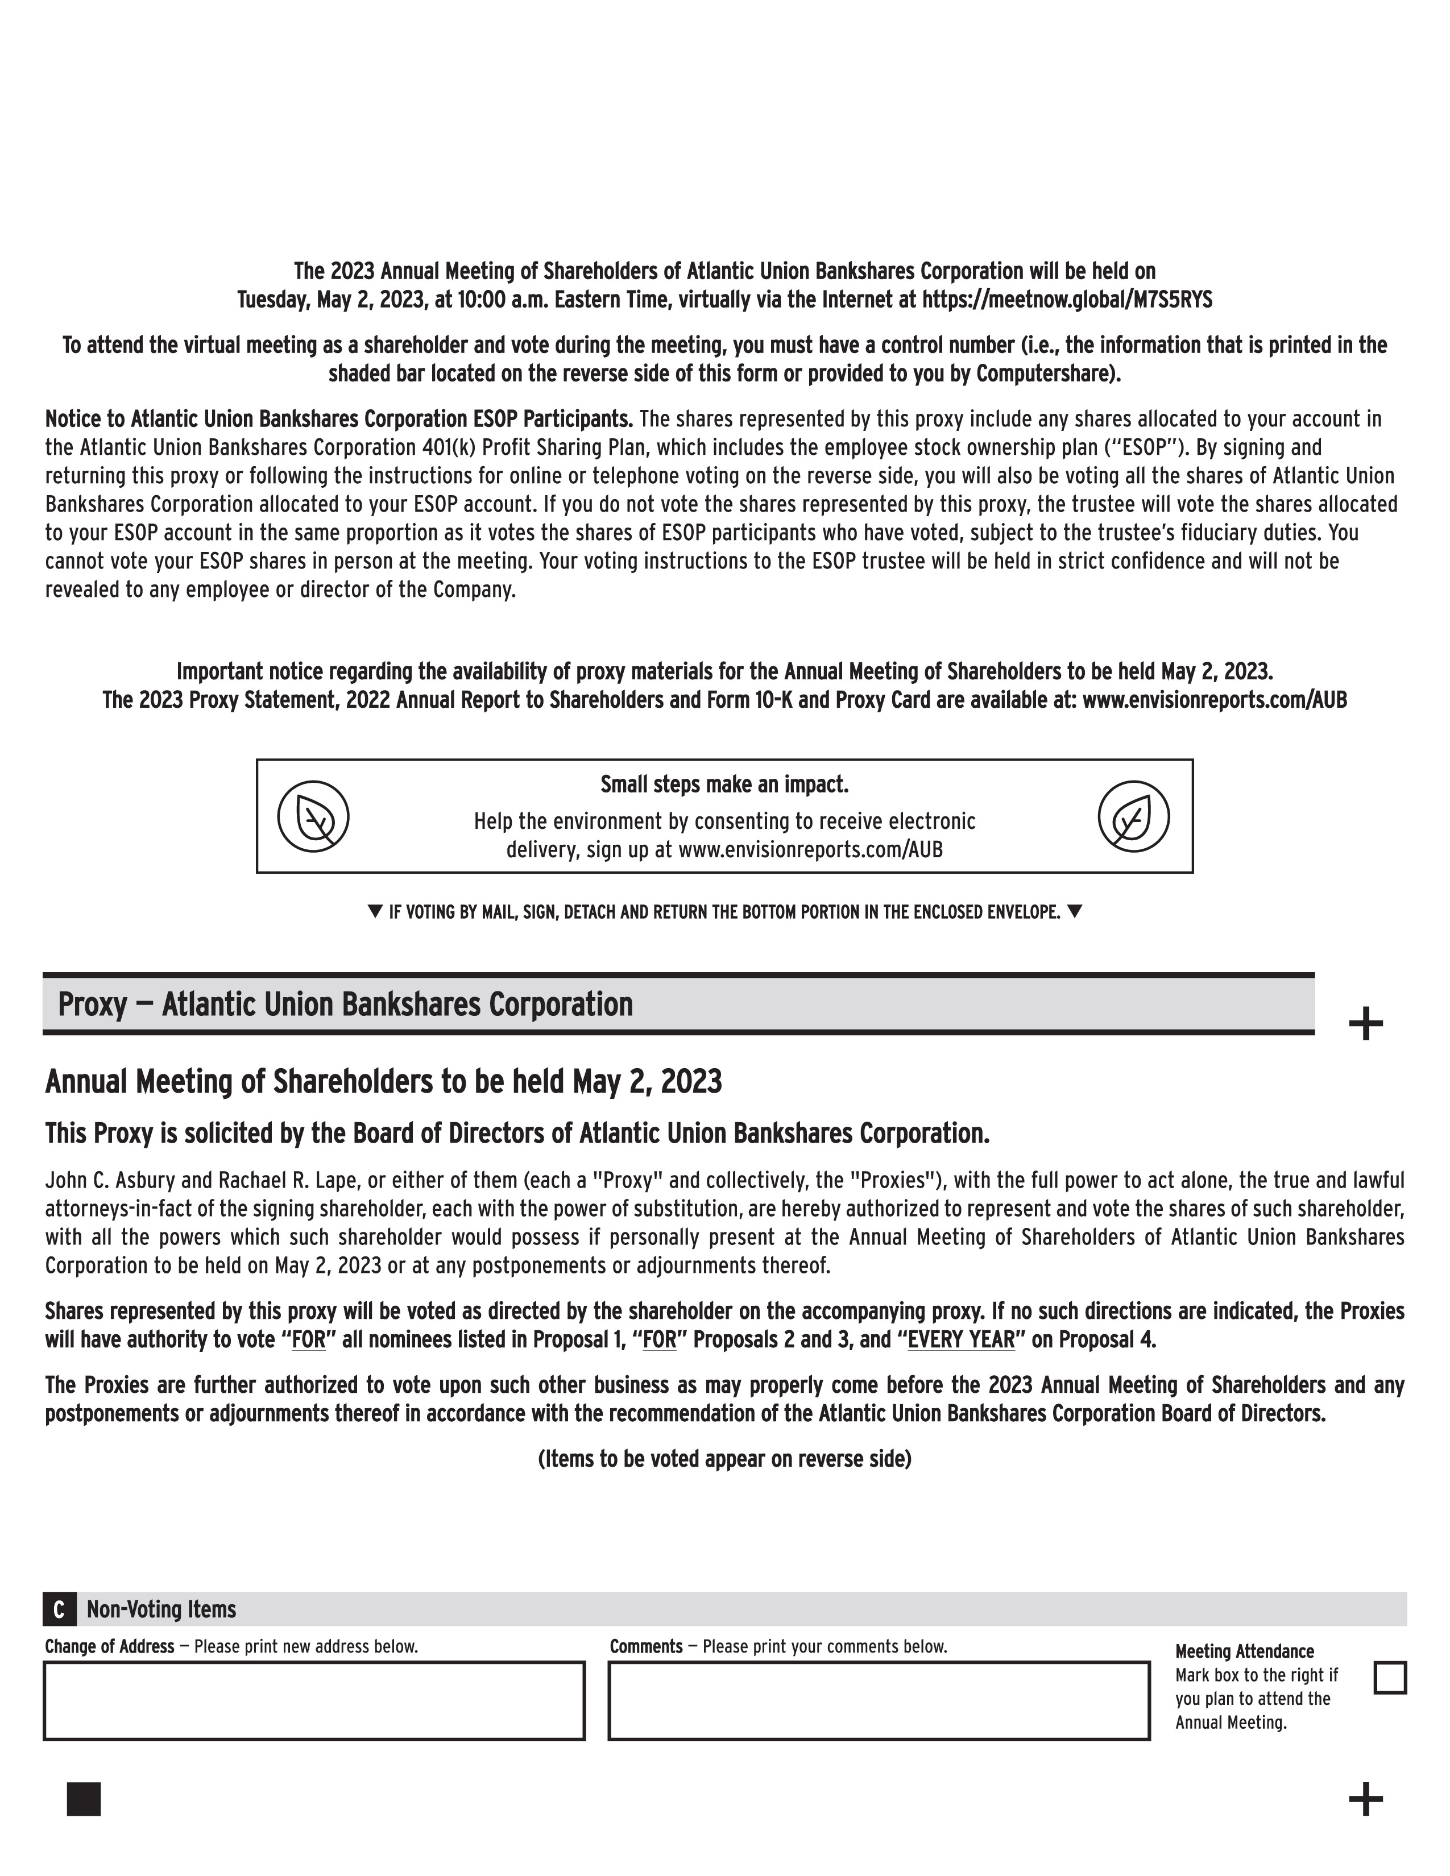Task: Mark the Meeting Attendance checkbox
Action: coord(1390,1678)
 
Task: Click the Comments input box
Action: coord(878,1701)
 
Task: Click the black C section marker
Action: coord(59,1609)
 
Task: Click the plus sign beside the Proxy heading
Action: coord(1365,1024)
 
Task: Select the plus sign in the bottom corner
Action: coord(1365,1800)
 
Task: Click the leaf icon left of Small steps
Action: coord(313,816)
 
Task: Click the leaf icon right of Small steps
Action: coord(1133,816)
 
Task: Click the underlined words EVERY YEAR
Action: coord(961,1340)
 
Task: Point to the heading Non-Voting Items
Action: coord(161,1609)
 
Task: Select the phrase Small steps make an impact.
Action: coord(724,785)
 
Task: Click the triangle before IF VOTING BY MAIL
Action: coord(375,911)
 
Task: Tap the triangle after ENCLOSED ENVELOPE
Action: coord(1074,911)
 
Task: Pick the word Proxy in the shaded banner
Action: coord(92,1004)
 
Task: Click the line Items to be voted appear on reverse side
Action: coord(724,1459)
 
